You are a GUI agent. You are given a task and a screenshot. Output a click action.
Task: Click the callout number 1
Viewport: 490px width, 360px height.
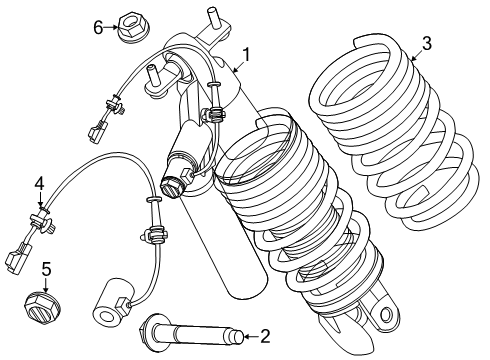(246, 55)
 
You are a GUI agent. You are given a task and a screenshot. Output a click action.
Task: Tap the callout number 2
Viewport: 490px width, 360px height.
(265, 337)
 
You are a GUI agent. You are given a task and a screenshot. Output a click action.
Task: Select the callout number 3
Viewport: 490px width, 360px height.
(427, 44)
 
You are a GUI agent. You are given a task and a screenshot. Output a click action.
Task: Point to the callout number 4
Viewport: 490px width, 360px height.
(39, 184)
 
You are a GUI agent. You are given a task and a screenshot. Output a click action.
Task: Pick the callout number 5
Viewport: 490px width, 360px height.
(46, 269)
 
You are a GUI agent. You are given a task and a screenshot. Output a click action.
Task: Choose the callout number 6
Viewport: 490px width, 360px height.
(98, 27)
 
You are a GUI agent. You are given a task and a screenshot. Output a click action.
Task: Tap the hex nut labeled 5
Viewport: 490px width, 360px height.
(44, 307)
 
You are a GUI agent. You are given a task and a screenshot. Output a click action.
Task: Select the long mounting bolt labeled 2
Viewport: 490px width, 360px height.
(192, 333)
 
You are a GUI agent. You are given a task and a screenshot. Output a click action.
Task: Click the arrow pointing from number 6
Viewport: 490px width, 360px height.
(111, 27)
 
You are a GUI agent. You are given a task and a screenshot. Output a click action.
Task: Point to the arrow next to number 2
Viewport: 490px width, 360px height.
(252, 337)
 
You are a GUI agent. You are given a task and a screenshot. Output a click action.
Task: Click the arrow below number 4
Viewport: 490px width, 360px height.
(40, 199)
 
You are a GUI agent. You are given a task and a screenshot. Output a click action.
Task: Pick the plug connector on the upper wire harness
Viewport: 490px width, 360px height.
(97, 130)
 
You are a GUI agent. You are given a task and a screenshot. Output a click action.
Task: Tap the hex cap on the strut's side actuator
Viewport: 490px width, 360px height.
(172, 187)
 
